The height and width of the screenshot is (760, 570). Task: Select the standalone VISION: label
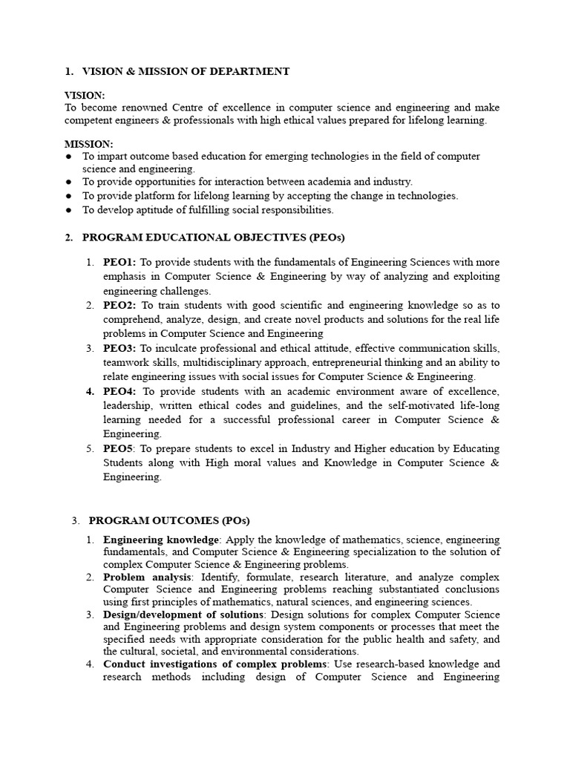(x=85, y=96)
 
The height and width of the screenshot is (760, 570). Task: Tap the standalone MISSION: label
(x=89, y=144)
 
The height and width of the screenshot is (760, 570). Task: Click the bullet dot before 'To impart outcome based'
(x=68, y=157)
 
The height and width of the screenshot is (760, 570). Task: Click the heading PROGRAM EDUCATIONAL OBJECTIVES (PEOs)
(x=213, y=237)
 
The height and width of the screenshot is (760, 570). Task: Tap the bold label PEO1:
(x=119, y=263)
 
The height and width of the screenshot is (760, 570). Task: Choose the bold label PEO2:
(x=119, y=305)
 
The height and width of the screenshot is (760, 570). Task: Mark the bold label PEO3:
(x=119, y=348)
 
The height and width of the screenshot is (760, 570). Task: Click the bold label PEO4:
(x=120, y=391)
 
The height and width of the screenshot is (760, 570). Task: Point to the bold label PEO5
(x=118, y=449)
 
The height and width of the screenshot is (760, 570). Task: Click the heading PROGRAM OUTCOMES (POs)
(x=169, y=520)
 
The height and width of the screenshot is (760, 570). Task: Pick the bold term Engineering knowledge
(x=161, y=540)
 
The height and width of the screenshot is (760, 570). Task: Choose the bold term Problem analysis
(x=145, y=577)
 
